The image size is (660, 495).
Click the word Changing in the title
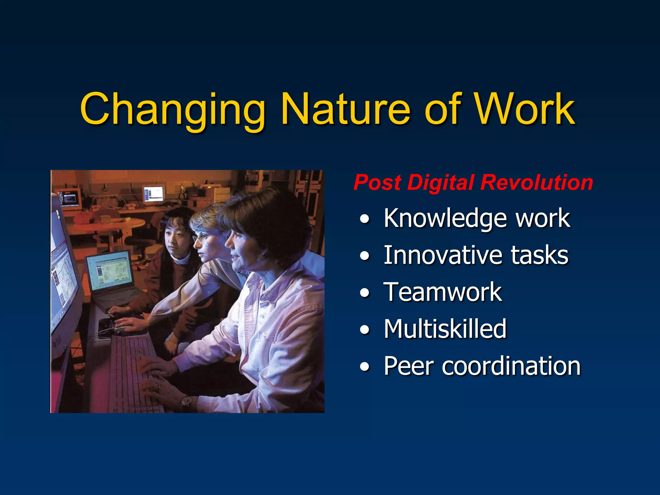172,110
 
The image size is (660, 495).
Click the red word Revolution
536,182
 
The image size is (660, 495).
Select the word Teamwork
442,292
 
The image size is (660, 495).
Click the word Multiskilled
445,329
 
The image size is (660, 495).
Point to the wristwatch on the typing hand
186,401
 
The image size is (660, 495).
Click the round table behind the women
106,224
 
